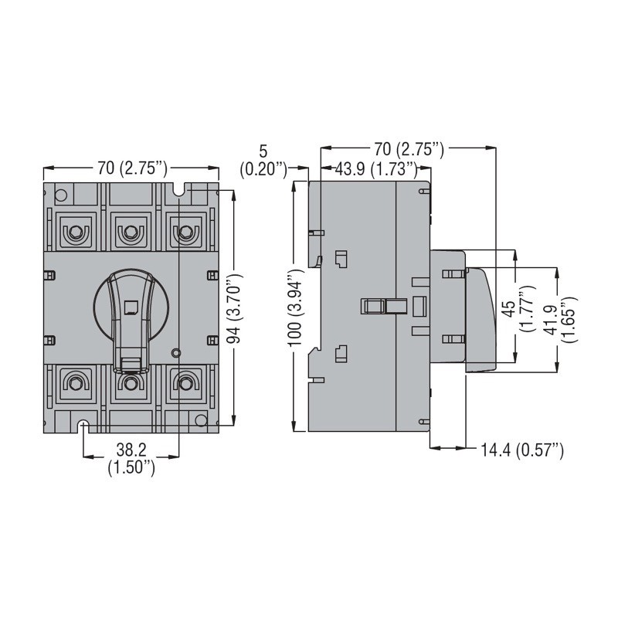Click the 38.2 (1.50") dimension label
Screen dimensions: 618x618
pos(131,458)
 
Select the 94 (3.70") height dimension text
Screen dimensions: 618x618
pos(235,307)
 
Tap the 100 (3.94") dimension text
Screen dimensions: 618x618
pos(296,307)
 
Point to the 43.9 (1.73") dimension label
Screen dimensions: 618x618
pos(376,169)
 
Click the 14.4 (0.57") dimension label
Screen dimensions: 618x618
pos(522,450)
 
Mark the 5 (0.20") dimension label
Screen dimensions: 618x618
pos(263,161)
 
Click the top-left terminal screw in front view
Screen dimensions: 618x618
pos(74,233)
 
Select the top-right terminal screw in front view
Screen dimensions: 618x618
pos(185,233)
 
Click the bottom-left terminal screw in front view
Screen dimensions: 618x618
pos(74,382)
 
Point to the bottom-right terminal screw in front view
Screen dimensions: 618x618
pos(185,382)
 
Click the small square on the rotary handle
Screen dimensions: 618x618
pos(130,307)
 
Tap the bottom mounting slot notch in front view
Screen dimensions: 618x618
pos(83,426)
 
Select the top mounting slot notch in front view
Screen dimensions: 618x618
pos(179,188)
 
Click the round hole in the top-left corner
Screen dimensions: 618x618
pos(61,195)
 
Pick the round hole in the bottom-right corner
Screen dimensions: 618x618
pos(201,420)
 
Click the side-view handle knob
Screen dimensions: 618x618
pos(480,320)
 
